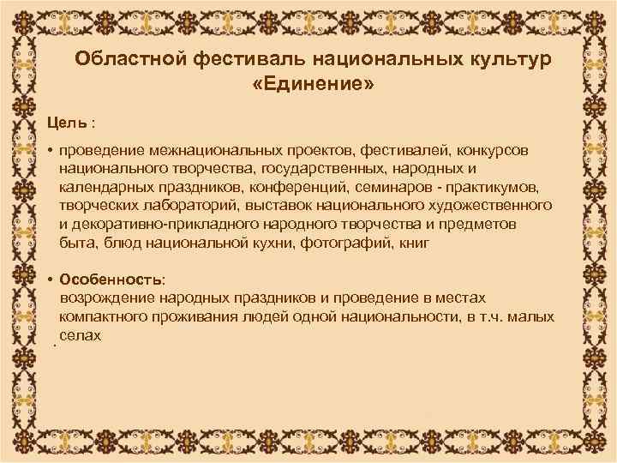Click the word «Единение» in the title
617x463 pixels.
313,85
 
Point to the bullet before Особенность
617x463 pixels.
51,280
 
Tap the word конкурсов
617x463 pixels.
486,150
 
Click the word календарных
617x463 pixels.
104,187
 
